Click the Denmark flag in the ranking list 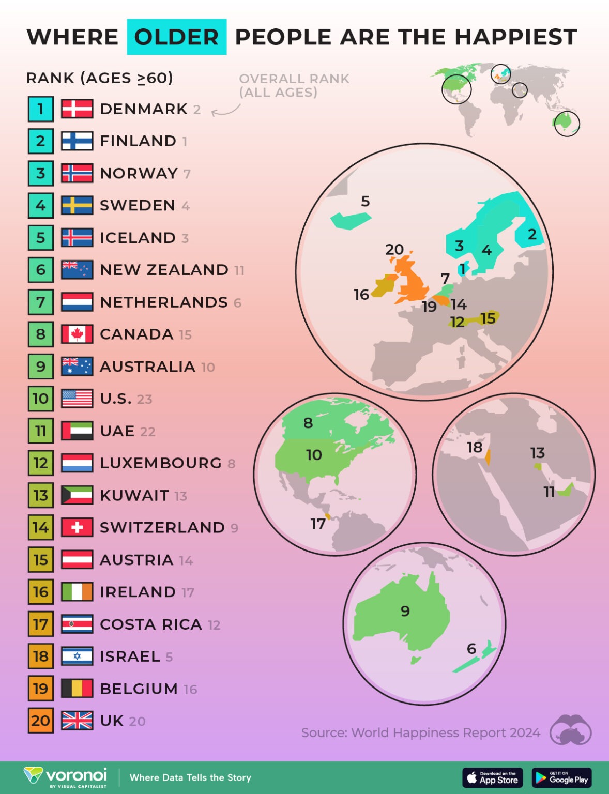[77, 109]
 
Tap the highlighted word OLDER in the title [176, 37]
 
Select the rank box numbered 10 [41, 399]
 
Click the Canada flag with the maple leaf [77, 334]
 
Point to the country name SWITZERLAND [162, 528]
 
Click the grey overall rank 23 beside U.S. [145, 399]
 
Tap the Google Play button [561, 777]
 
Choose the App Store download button [493, 777]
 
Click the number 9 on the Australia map [405, 612]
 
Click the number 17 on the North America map [318, 524]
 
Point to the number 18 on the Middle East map [475, 447]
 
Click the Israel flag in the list [77, 656]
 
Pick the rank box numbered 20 [41, 721]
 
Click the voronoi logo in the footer [66, 776]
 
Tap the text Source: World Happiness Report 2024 [420, 733]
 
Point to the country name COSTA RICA [150, 624]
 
